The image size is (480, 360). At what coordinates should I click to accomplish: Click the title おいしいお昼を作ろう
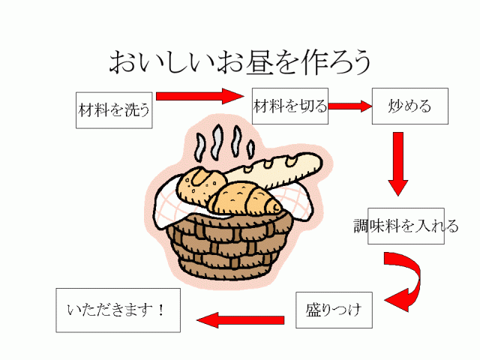[239, 61]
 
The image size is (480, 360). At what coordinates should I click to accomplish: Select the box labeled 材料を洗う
[114, 110]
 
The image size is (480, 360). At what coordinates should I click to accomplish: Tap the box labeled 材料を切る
[290, 106]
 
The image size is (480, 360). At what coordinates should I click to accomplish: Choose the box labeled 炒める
[410, 106]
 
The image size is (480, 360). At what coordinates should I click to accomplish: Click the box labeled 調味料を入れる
[406, 226]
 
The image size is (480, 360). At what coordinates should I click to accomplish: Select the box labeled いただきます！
[118, 310]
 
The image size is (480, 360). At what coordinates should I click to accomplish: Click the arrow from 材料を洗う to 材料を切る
[200, 96]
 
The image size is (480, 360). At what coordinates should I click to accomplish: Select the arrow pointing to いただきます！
[240, 319]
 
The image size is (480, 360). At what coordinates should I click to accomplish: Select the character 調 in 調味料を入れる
[361, 226]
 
